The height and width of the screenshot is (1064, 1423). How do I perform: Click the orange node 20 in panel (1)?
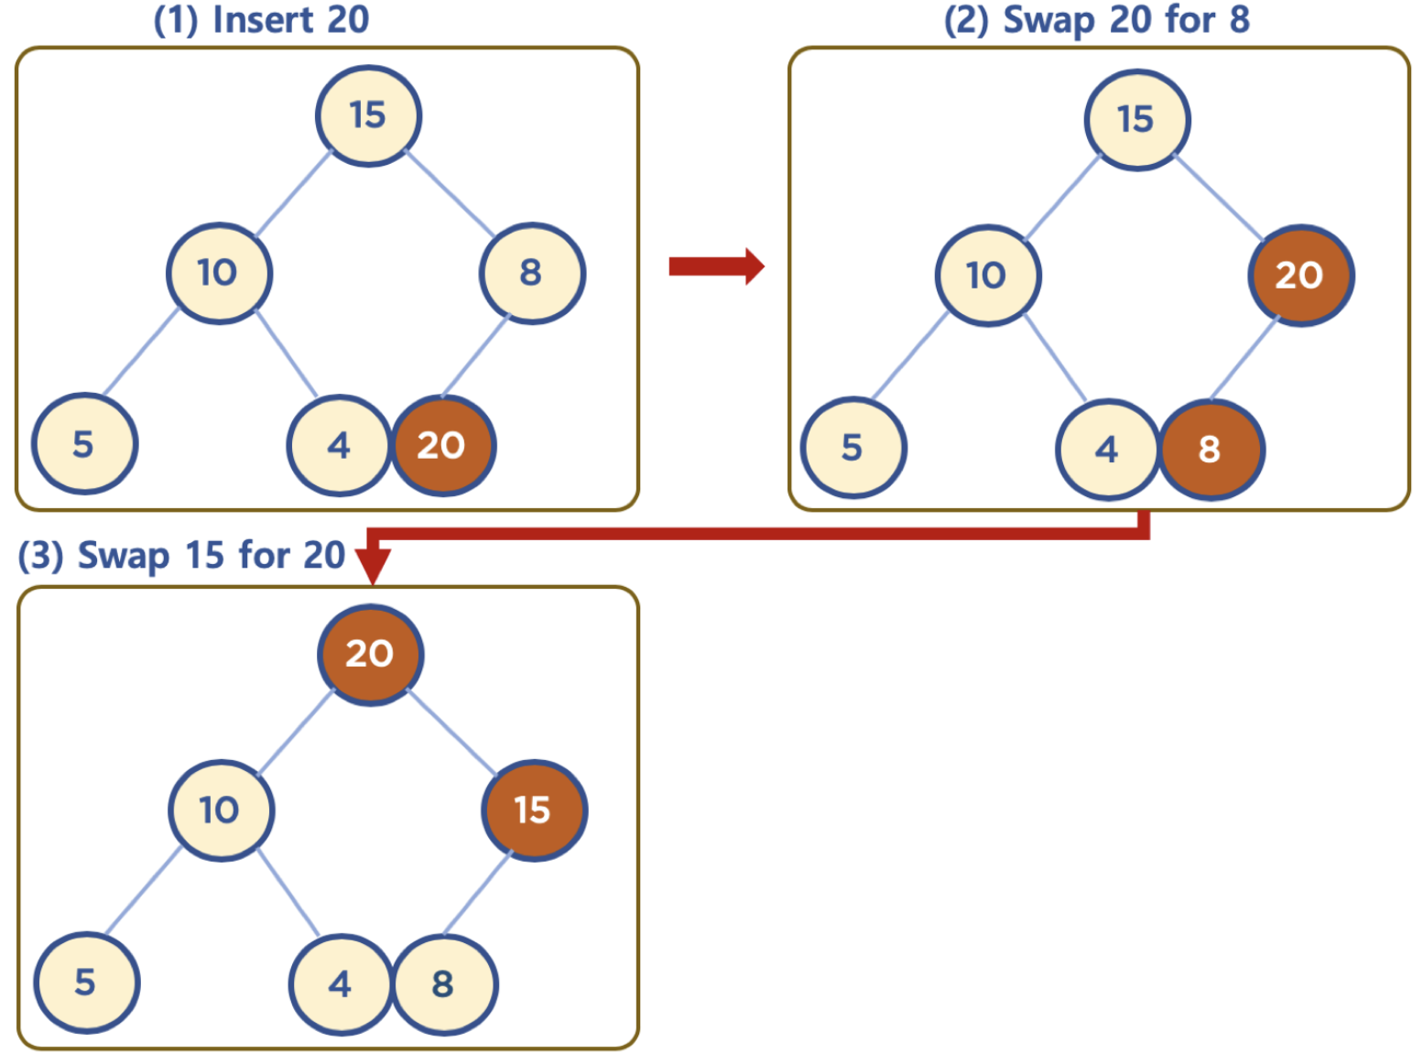(x=443, y=446)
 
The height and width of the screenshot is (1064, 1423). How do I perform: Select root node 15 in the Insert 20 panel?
(x=368, y=115)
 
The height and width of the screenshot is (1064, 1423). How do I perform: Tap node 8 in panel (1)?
(x=531, y=273)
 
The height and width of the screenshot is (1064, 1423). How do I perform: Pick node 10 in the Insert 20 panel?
(x=218, y=273)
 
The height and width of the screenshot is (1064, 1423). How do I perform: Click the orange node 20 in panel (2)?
(x=1300, y=275)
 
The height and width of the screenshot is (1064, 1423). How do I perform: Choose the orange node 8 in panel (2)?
(x=1211, y=449)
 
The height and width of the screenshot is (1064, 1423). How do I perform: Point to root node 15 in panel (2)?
(x=1136, y=119)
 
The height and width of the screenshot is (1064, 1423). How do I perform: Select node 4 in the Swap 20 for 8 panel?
(x=1107, y=449)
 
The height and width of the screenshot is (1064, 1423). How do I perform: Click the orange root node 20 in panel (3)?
(x=370, y=654)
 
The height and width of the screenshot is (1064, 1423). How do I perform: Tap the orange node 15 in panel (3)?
(x=533, y=810)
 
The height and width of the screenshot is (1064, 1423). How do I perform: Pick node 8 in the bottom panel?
(x=444, y=984)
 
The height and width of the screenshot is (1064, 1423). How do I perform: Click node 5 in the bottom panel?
(x=86, y=983)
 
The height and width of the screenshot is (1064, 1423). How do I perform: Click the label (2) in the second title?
(x=966, y=20)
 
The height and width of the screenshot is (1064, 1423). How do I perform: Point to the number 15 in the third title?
(x=205, y=556)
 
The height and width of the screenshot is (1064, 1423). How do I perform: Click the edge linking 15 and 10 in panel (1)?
(x=293, y=194)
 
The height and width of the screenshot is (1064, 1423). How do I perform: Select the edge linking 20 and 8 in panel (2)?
(x=1244, y=359)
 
